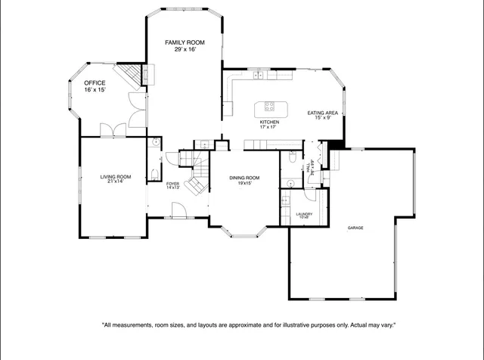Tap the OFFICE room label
click(95, 83)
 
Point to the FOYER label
click(173, 183)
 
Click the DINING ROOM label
click(244, 178)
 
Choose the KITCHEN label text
click(269, 122)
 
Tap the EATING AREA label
click(322, 113)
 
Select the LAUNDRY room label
click(304, 214)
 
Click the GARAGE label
click(355, 228)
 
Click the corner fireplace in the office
click(134, 74)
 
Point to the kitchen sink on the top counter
click(259, 73)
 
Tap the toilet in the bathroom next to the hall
click(292, 159)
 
